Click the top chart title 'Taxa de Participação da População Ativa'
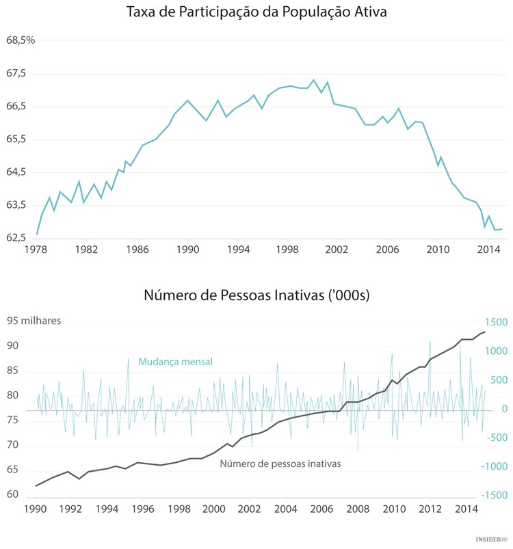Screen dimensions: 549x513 point(256,12)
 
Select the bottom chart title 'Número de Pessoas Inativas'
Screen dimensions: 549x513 point(256,295)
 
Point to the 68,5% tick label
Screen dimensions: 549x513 point(21,40)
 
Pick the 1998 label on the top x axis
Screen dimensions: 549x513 point(287,250)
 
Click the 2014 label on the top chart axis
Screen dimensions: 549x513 point(488,250)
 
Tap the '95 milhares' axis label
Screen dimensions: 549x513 point(34,321)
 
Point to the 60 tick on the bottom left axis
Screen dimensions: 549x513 point(12,494)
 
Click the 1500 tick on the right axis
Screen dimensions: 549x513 point(495,322)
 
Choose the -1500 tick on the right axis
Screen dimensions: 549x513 point(494,495)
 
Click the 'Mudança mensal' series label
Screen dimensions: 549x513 point(175,362)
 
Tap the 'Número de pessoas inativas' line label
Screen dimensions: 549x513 point(280,464)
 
